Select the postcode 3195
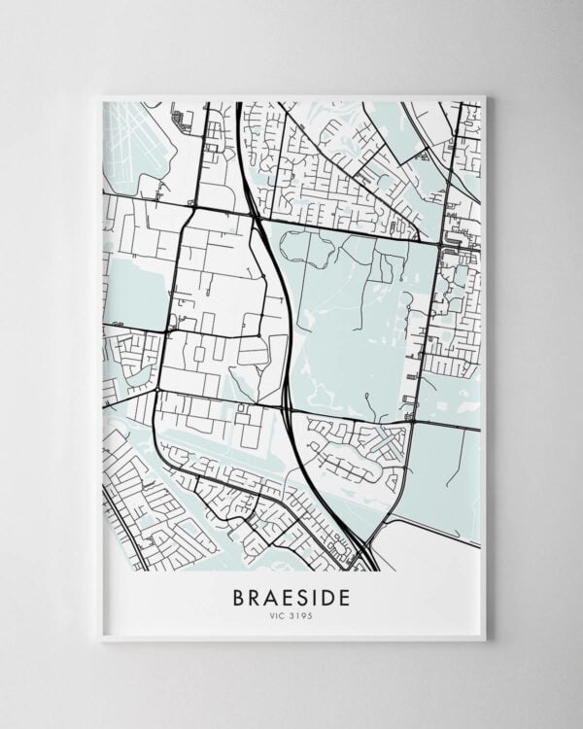[x=300, y=614]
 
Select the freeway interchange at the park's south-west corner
[x=290, y=408]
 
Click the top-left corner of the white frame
[x=100, y=95]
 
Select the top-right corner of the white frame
[x=484, y=95]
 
